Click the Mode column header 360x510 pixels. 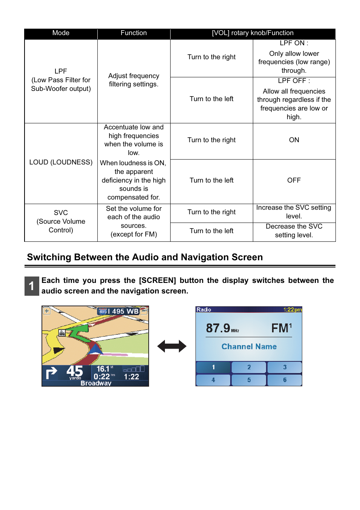click(x=61, y=33)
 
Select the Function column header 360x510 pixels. click(x=134, y=33)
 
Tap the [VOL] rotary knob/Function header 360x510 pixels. click(x=252, y=33)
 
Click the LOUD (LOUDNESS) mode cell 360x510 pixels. click(x=61, y=162)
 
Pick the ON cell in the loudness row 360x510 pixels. click(x=294, y=140)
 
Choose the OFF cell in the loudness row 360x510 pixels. click(x=294, y=180)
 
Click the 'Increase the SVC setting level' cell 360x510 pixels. click(x=294, y=212)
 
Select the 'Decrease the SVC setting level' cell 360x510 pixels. click(x=294, y=230)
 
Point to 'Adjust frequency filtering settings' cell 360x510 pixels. click(x=134, y=80)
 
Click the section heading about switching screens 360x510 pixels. click(x=145, y=257)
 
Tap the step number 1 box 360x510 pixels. click(x=32, y=286)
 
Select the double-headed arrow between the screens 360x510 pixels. click(x=172, y=346)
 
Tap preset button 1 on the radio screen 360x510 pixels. click(x=213, y=367)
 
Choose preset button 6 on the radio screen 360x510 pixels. click(x=285, y=380)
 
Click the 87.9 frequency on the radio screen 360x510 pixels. click(x=218, y=328)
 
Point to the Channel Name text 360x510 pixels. click(x=249, y=346)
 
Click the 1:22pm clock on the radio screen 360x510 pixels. click(x=292, y=310)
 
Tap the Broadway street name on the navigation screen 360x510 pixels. click(x=96, y=383)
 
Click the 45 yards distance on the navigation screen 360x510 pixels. click(x=74, y=372)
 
